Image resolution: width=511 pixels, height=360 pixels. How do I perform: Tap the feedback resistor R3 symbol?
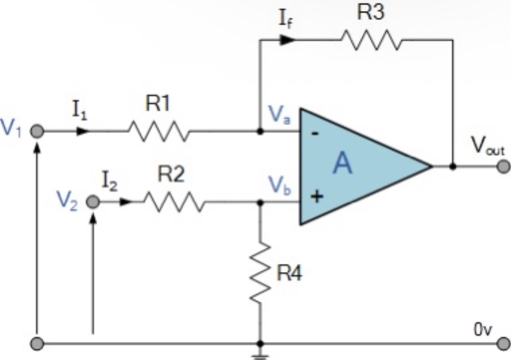pos(370,40)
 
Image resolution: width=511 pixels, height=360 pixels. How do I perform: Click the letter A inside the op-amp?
pos(342,165)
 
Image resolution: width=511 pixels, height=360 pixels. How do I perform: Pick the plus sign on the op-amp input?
pos(316,197)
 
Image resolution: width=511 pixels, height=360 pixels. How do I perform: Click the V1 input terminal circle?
pos(37,131)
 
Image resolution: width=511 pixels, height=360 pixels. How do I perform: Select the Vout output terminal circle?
pos(503,166)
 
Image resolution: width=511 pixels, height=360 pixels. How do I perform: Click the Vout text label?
pos(488,148)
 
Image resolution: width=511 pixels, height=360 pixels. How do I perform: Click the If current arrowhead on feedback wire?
pos(288,40)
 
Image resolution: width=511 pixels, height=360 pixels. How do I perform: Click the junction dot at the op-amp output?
pos(453,166)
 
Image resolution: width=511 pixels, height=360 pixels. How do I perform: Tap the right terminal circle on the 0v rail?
pos(503,343)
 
